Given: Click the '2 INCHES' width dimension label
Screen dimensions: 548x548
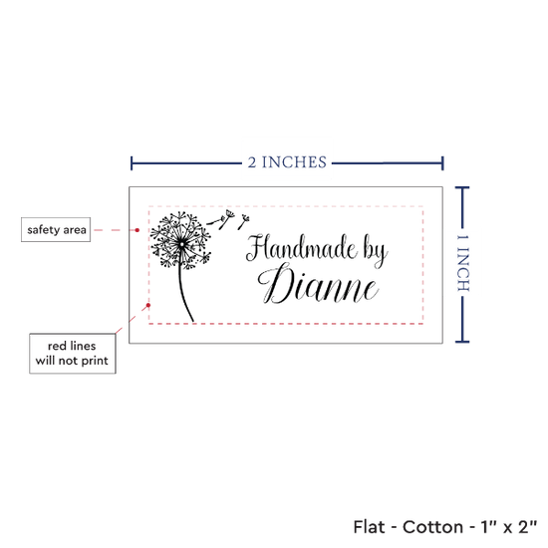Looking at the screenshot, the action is tap(287, 162).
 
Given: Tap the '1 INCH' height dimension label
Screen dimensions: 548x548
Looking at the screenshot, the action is tap(462, 263).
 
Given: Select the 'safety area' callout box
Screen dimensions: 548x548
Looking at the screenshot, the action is tap(56, 229).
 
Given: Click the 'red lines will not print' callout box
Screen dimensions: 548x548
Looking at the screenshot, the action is tap(73, 354).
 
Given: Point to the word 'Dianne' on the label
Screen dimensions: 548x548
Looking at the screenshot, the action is tap(318, 285).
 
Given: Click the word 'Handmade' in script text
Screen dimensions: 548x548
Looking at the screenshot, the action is tap(301, 247).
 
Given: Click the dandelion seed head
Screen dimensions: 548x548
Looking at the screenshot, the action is tap(181, 240).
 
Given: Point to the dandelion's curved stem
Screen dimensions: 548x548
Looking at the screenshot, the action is tap(184, 294).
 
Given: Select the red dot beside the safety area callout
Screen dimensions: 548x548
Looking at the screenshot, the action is tap(137, 230).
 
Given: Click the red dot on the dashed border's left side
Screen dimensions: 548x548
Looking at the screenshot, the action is tap(148, 306).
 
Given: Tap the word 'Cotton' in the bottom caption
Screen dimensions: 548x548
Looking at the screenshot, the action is tap(433, 527).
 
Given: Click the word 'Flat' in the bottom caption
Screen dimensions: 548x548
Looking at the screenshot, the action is tap(369, 527).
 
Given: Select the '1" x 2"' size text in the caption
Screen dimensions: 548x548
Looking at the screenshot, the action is tap(509, 527).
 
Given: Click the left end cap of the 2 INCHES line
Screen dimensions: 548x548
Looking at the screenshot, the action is tap(132, 163).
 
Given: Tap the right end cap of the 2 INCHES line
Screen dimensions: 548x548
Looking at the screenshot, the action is tap(442, 163).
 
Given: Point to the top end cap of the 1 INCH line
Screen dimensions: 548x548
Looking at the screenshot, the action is tap(462, 188).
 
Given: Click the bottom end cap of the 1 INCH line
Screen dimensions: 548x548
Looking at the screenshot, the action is tap(462, 342).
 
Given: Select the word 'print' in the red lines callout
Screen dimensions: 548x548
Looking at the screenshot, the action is tap(95, 361).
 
